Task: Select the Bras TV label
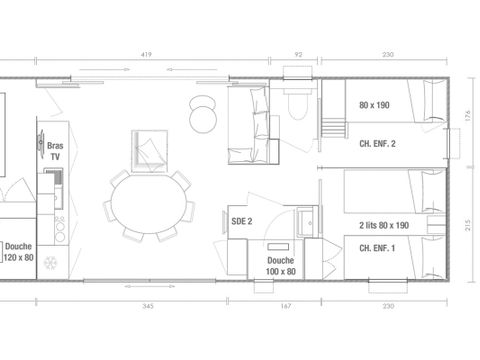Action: [x=55, y=150]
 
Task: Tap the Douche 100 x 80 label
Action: [x=280, y=266]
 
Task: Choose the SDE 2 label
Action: [x=241, y=220]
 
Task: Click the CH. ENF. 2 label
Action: [x=376, y=144]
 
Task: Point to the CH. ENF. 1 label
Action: [x=376, y=247]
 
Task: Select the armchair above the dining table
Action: [x=150, y=149]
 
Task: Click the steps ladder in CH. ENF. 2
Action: [x=331, y=127]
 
